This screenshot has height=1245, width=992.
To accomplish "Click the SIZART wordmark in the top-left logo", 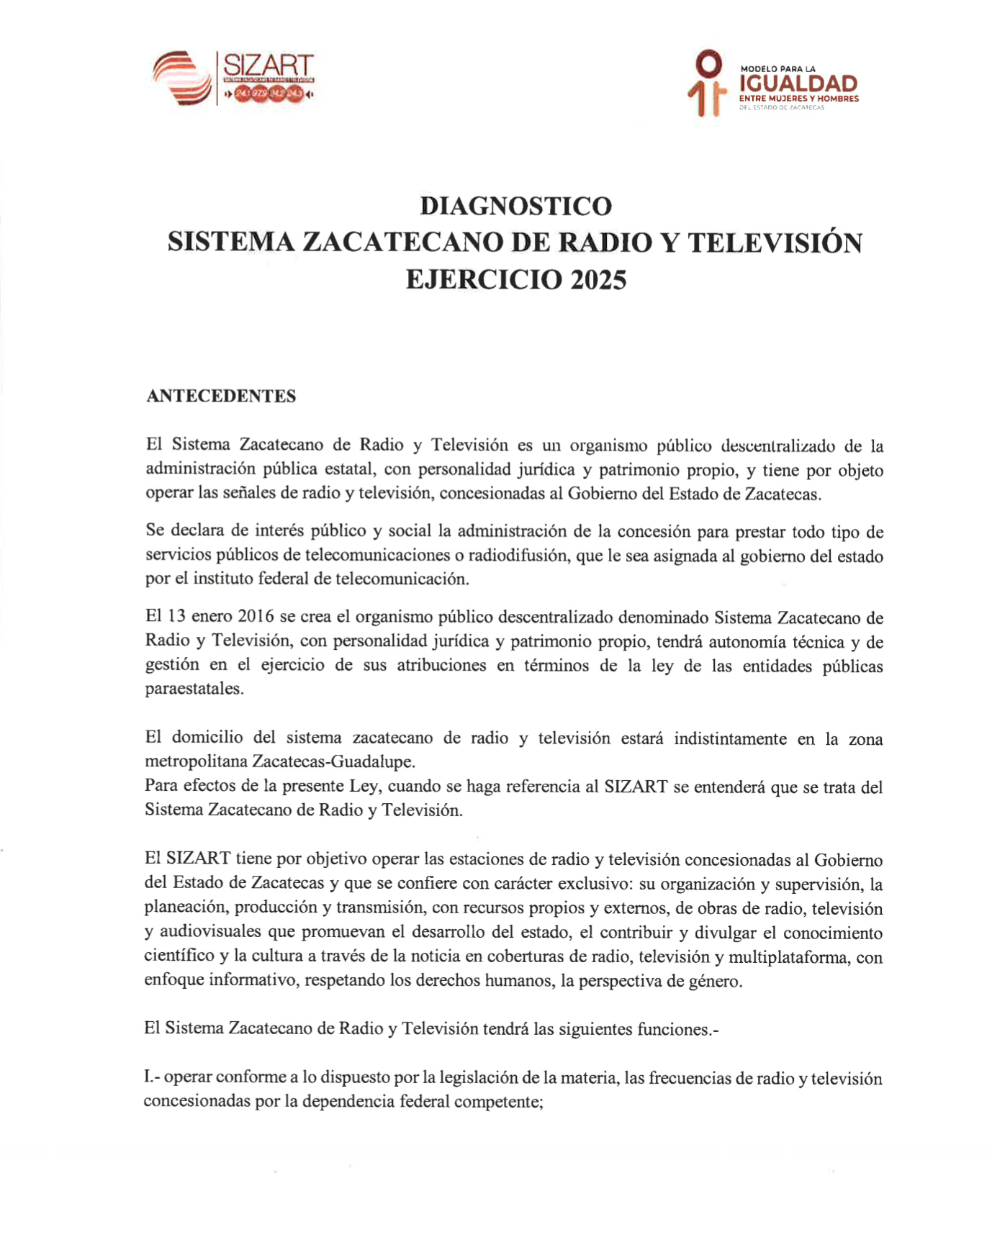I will point(268,65).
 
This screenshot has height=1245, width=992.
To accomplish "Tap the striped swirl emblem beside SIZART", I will point(182,78).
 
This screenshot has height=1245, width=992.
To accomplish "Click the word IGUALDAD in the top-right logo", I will point(798,84).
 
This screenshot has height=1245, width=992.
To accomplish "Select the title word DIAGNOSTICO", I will point(515,207).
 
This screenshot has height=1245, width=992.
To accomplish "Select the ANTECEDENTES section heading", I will point(221,397).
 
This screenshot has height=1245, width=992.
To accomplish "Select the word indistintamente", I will point(730,738).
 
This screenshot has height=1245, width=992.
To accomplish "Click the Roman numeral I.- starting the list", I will point(151,1078).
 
